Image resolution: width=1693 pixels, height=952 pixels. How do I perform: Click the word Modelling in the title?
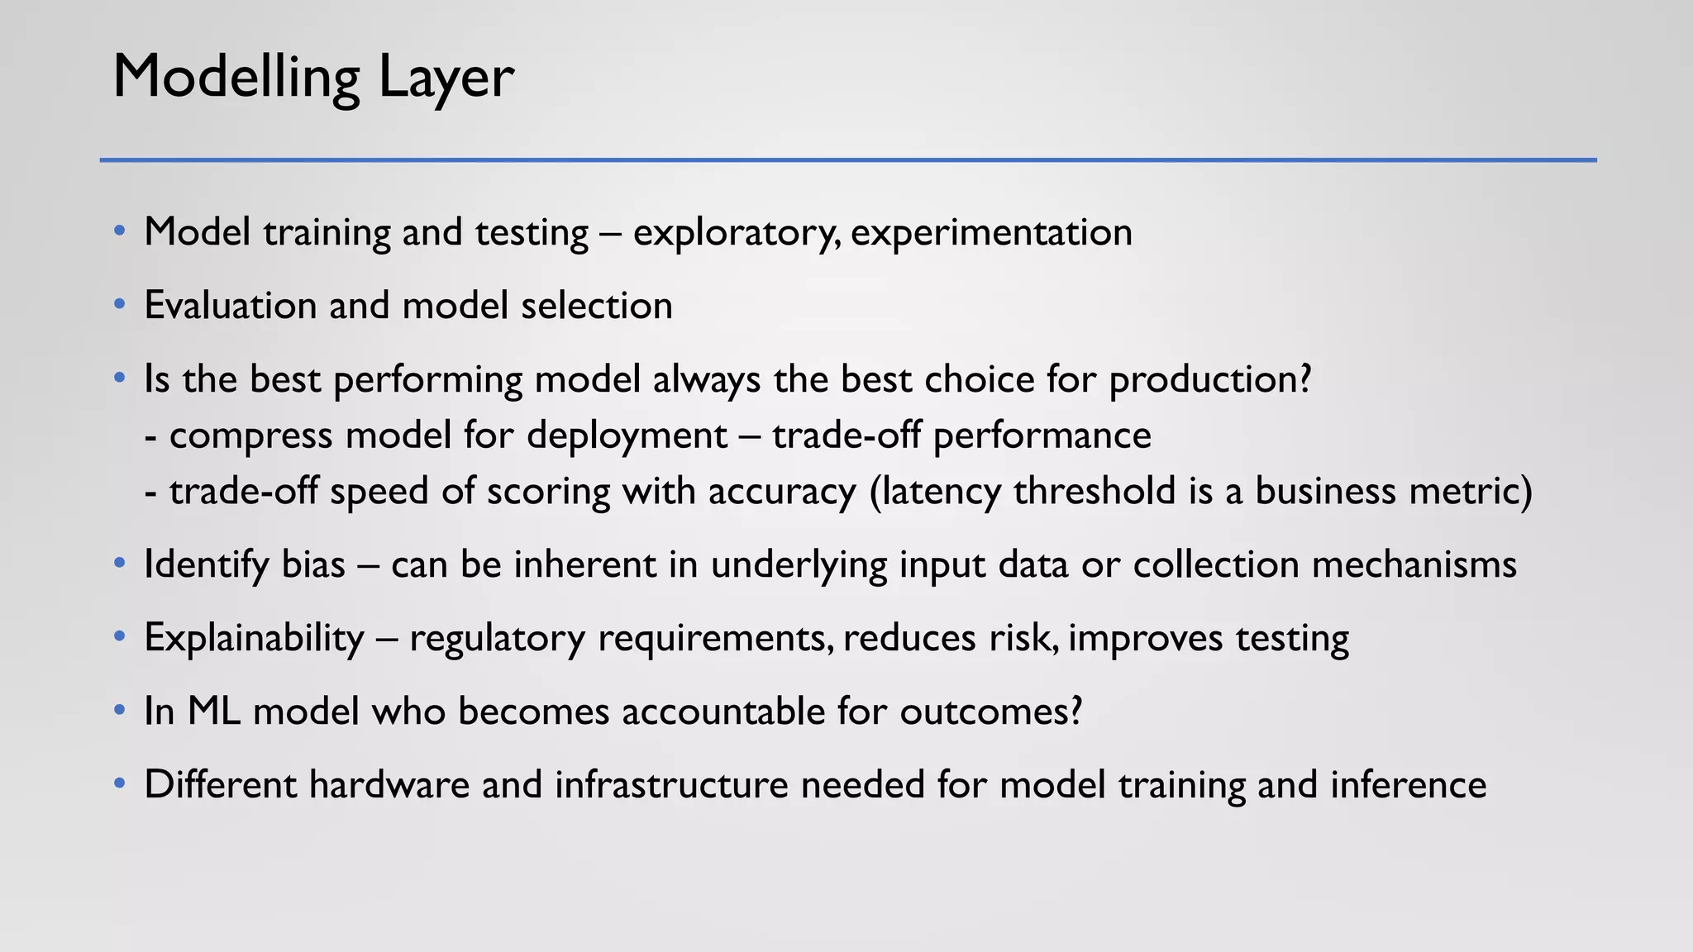(x=236, y=78)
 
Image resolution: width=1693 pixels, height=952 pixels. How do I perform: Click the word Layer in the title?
(x=446, y=78)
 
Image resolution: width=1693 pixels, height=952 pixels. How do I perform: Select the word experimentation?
(x=991, y=233)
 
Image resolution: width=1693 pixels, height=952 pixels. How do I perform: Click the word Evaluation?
(x=230, y=306)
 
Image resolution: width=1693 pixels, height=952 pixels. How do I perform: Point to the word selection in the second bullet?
(x=597, y=306)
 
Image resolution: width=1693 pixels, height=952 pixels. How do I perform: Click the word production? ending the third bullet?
(x=1210, y=380)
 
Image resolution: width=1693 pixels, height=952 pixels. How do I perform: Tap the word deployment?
(x=627, y=436)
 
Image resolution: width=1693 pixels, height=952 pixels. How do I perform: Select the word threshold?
(x=1094, y=492)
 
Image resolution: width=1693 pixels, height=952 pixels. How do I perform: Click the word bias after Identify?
(x=313, y=565)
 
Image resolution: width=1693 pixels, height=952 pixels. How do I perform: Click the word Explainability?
(x=254, y=639)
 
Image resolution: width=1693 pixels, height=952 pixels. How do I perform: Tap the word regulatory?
(x=497, y=639)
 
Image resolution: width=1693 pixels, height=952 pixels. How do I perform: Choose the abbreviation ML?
(x=214, y=712)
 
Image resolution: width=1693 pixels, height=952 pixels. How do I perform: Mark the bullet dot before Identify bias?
(x=120, y=564)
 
